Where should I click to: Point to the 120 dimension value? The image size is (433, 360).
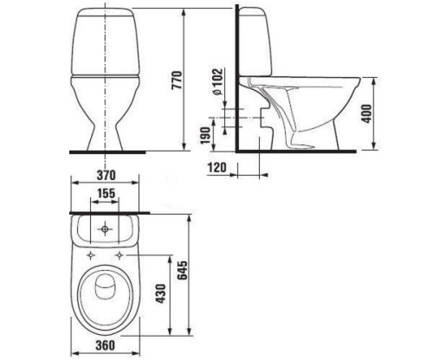coord(217,166)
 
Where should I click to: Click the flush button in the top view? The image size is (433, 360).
coord(104,230)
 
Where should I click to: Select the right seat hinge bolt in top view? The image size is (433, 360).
coord(120,255)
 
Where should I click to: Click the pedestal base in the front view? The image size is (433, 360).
coord(104,130)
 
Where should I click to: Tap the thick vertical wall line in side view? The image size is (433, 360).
coord(236,87)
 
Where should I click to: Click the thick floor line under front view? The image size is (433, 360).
coord(104,151)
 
